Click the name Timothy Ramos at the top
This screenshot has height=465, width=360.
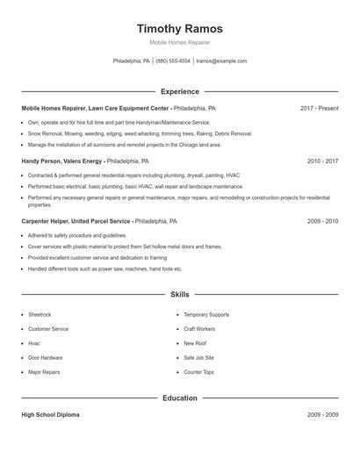180,28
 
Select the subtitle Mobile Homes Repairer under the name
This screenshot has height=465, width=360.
180,42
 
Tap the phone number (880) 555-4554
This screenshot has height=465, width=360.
173,61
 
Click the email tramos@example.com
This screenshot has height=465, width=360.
221,61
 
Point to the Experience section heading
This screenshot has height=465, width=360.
180,91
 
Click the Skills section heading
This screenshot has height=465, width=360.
180,295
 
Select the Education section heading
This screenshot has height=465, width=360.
180,397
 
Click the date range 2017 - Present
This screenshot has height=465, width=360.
319,108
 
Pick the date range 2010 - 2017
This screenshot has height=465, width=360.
322,161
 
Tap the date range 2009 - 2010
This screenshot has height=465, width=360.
322,222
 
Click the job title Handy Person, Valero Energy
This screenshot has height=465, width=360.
61,161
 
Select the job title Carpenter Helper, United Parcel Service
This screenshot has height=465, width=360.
77,222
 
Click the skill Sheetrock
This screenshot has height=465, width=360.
40,314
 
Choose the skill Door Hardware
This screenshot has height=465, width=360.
46,358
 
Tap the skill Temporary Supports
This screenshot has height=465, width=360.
206,314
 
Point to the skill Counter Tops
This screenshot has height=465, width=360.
198,372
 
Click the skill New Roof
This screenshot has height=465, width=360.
195,343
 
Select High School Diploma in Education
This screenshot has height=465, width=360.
54,414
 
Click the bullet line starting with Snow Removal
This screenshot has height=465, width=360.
140,133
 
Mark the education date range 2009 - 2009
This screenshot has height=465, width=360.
322,414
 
